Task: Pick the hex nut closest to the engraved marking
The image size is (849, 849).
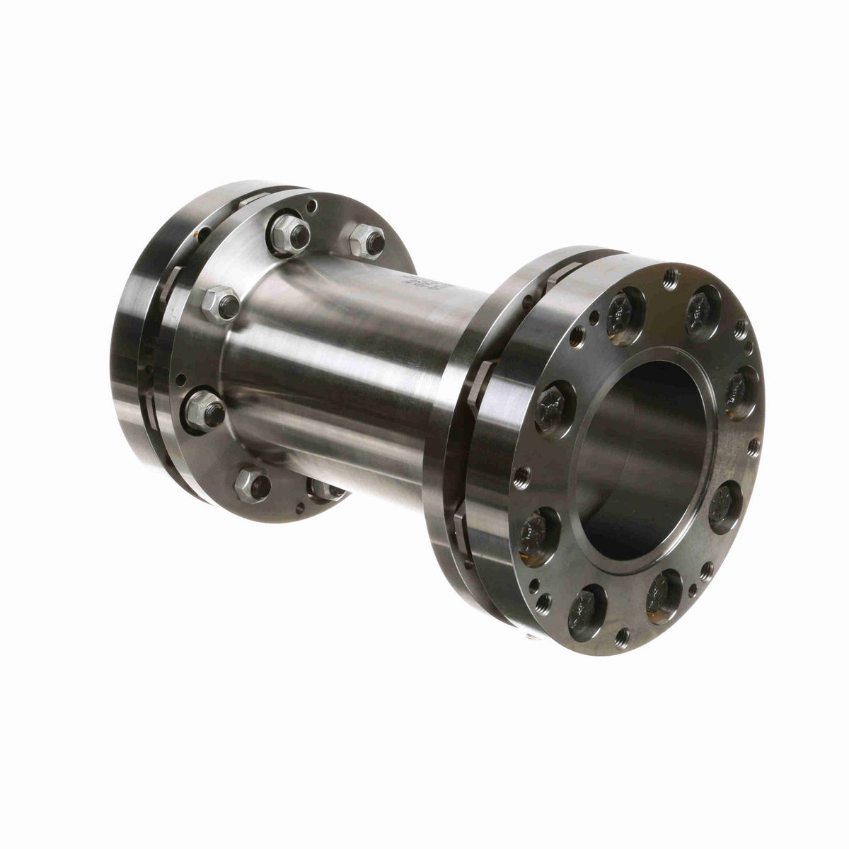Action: click(x=366, y=240)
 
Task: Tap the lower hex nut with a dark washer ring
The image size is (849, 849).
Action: click(x=205, y=410)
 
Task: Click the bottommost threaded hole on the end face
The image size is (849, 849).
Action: click(x=622, y=637)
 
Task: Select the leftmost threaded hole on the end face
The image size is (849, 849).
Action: click(x=521, y=478)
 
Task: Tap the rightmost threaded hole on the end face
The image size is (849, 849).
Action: click(x=754, y=446)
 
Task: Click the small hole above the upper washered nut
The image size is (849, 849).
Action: click(x=312, y=207)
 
